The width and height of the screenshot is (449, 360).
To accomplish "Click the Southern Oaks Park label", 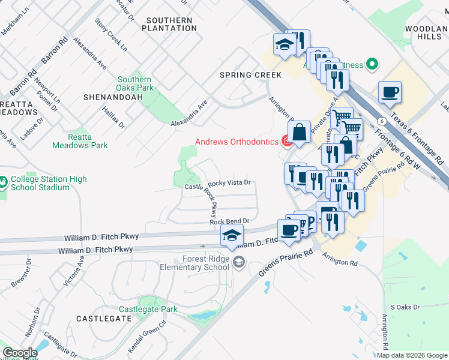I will [x=134, y=83].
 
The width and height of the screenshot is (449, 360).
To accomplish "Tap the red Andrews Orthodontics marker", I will [x=287, y=142].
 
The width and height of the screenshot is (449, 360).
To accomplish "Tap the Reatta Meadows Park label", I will [x=80, y=141].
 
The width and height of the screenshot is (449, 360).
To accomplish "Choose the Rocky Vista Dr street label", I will [x=228, y=183].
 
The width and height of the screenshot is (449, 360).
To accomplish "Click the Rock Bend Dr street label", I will [x=229, y=221].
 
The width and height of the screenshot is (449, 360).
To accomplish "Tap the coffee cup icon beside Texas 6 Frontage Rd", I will [x=390, y=92].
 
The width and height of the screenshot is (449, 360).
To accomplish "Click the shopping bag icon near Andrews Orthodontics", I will [x=299, y=133].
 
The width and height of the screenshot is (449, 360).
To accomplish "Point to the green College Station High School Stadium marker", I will [x=4, y=180].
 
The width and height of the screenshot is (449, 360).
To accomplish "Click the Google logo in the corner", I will [x=20, y=353].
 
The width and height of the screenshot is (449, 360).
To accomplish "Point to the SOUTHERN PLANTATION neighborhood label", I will [x=169, y=24].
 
